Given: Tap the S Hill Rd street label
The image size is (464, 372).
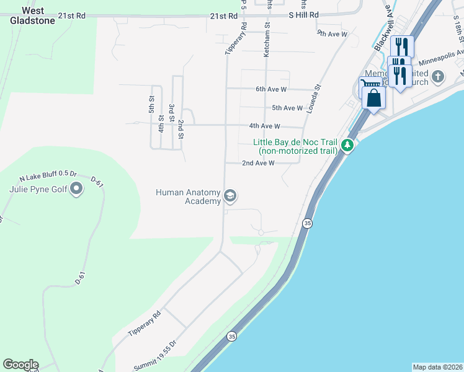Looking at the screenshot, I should [304, 15].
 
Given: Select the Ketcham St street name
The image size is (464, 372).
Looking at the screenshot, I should [267, 41].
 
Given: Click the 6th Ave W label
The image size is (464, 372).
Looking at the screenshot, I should [271, 89].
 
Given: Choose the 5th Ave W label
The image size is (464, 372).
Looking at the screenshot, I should [287, 108].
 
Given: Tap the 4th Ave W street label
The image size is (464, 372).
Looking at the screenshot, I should [265, 125].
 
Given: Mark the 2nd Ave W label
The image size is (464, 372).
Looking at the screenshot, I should [257, 163].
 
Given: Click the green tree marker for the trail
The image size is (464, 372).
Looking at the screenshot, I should [348, 146].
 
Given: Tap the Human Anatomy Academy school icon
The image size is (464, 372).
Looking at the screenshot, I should [230, 197].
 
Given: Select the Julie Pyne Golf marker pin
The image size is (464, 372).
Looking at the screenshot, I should [76, 188].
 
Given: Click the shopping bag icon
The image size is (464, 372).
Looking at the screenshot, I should [374, 97].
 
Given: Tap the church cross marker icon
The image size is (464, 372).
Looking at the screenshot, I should [438, 77].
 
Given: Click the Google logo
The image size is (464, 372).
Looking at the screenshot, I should [20, 365].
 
